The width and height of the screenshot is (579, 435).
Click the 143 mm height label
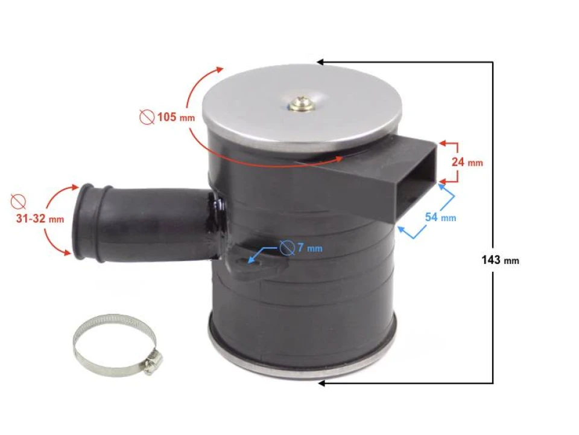point(500,260)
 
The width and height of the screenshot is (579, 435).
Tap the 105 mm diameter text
point(176,117)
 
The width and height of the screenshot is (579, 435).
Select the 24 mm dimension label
point(467,162)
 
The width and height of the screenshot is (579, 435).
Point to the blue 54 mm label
point(440,217)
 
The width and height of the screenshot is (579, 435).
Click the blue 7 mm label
point(310,248)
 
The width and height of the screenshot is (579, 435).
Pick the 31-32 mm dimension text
point(40,219)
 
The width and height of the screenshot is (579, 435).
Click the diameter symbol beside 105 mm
point(147,117)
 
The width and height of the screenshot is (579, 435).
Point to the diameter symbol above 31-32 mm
point(18,201)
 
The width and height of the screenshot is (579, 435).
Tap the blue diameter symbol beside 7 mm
point(287,248)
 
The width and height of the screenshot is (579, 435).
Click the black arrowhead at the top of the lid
point(320,62)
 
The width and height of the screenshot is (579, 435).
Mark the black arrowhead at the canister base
point(321,384)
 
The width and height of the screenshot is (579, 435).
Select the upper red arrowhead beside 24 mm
point(443,143)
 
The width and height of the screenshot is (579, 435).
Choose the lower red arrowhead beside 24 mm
point(443,182)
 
